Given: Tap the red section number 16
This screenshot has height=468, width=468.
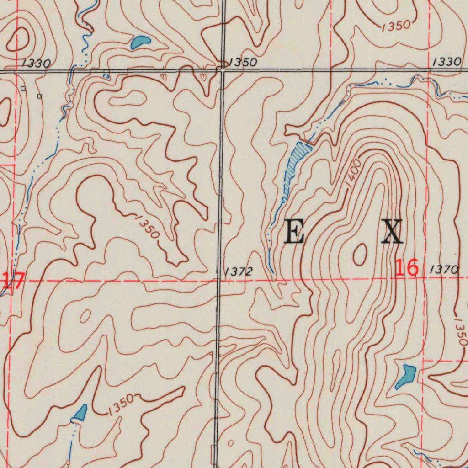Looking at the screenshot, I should tap(407, 268).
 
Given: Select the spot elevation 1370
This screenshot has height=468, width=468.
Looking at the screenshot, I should tap(444, 271).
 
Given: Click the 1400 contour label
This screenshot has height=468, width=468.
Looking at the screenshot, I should tap(353, 173).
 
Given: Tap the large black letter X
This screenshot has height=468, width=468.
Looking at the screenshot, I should tap(392, 231).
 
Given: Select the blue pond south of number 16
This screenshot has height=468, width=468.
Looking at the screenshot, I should tap(405, 376).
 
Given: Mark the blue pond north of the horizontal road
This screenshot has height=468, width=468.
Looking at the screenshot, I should tap(140, 43).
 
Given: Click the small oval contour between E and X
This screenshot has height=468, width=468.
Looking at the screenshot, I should tap(360, 254).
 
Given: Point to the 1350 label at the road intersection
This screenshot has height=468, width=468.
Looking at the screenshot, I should tap(243, 63).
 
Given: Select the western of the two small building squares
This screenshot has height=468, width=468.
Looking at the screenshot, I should tap(23, 89).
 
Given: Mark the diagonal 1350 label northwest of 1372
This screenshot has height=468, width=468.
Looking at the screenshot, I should tap(147, 226).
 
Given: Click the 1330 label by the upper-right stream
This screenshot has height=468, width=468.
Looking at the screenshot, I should tap(447, 62).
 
